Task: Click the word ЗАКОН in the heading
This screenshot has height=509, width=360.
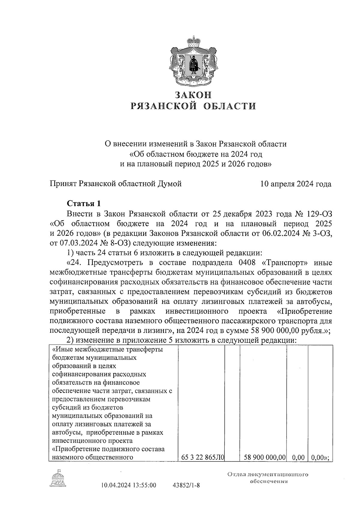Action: (193, 95)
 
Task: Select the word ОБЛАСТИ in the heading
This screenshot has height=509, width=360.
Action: (228, 106)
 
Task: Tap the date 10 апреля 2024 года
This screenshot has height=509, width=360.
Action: (296, 184)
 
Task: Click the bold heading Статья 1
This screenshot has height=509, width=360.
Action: (84, 204)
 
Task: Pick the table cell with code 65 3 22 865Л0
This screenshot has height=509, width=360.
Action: (203, 458)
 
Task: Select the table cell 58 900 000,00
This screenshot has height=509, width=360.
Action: (263, 458)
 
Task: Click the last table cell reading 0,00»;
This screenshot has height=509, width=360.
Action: (320, 458)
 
